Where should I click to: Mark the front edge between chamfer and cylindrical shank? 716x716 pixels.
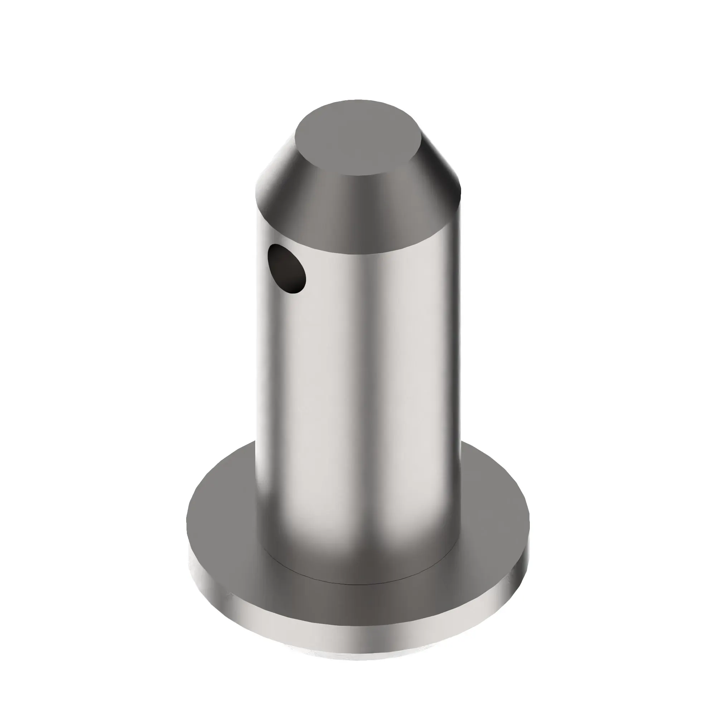click(358, 254)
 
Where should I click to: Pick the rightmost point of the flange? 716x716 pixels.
click(529, 526)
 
